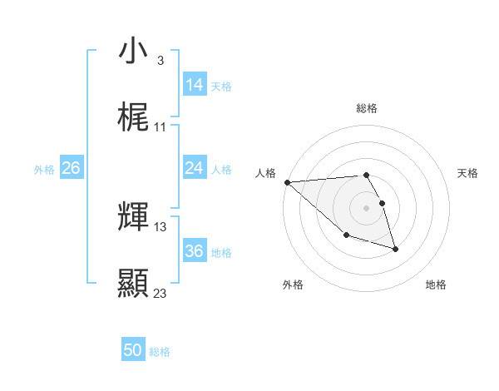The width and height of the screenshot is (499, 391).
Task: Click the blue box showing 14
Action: [195, 85]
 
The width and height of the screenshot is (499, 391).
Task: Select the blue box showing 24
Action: [195, 168]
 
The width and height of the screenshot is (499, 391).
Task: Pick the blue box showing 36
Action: [195, 251]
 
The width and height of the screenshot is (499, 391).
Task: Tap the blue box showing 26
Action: [71, 168]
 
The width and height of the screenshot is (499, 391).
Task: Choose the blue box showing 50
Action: [133, 350]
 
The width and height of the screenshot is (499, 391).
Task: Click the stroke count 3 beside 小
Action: [160, 61]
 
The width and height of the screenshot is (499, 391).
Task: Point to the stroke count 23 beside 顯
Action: [161, 293]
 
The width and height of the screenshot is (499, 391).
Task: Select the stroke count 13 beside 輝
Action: [161, 226]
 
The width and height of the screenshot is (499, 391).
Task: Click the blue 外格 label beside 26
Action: [44, 170]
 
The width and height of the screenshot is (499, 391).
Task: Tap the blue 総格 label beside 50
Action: [160, 353]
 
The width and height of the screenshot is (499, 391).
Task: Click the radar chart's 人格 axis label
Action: [266, 173]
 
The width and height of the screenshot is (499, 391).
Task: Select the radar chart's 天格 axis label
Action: [467, 173]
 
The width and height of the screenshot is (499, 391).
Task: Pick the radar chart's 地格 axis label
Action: [436, 285]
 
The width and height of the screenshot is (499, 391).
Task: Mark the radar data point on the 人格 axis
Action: [287, 182]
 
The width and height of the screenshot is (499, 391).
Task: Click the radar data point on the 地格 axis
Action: [395, 249]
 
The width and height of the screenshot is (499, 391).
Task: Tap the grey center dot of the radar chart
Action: [366, 207]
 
